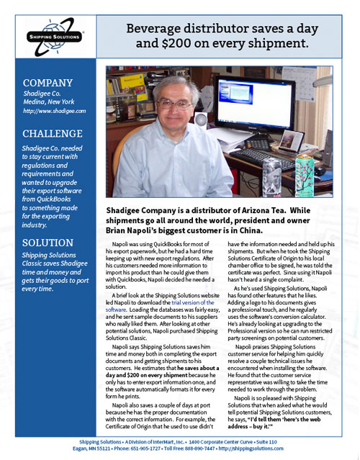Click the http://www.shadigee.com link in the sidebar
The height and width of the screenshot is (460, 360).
54,112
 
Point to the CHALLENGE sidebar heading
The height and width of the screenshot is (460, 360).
52,134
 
